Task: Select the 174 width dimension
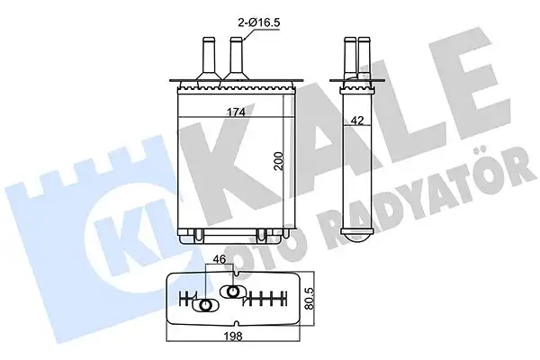coord(237,111)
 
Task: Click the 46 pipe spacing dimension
coord(219,261)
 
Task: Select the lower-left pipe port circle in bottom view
coord(205,306)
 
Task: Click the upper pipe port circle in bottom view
coord(233,292)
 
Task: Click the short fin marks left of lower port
coord(188,301)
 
